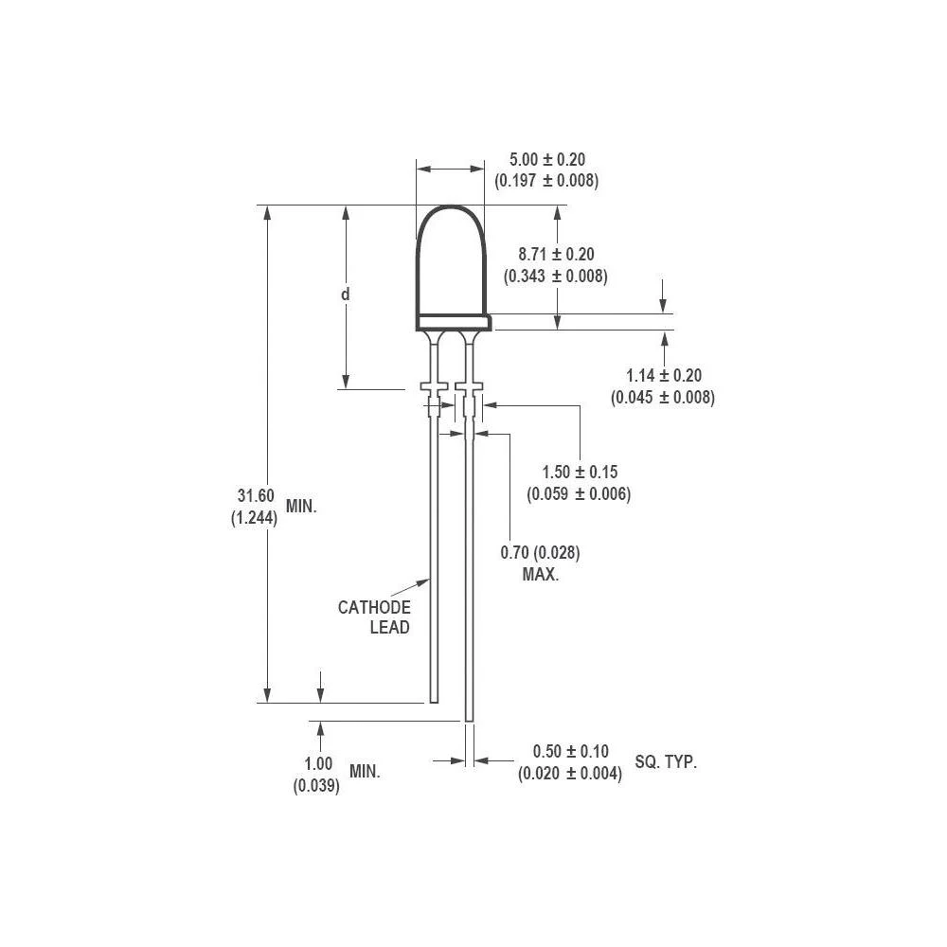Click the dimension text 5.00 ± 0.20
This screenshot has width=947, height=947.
pos(546,160)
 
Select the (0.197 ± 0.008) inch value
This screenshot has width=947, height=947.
pos(546,181)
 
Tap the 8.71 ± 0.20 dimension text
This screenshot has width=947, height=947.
pos(556,254)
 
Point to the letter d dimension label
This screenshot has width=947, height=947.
pos(346,295)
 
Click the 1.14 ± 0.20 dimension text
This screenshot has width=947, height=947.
pos(663,376)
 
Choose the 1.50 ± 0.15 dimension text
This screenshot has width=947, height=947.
pos(579,472)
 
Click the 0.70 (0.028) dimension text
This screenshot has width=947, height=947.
pos(540,552)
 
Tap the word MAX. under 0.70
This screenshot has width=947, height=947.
pos(540,574)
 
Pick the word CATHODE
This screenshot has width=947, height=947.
pos(374,607)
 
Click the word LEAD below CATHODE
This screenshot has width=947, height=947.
pos(389,628)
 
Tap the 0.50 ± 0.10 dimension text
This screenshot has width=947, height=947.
pos(570,751)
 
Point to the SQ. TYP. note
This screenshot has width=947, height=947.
pos(666,761)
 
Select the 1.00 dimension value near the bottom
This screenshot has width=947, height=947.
pos(318,764)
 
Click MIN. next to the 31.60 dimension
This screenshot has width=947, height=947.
pos(301,507)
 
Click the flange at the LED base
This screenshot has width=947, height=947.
pos(453,323)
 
